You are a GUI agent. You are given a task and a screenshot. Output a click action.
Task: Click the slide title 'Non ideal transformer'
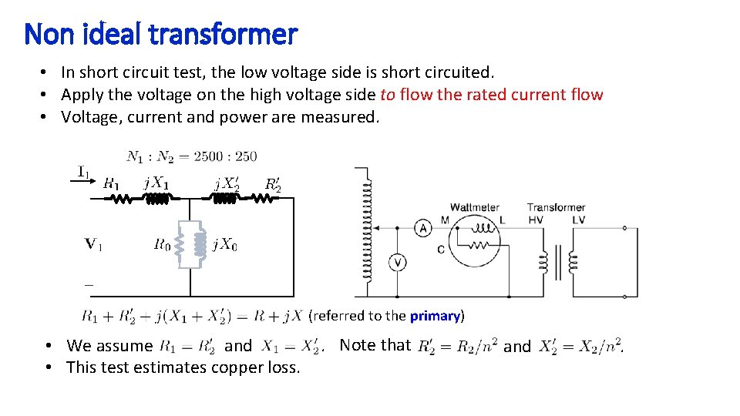point(160,34)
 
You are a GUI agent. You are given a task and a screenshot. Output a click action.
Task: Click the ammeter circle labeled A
point(422,228)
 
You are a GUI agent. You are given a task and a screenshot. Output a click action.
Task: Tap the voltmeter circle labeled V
point(398,263)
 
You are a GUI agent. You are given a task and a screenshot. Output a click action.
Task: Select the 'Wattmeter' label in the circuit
point(474,207)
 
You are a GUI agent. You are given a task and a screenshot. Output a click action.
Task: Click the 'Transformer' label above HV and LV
point(556,207)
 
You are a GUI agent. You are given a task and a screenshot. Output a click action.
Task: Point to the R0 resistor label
point(162,245)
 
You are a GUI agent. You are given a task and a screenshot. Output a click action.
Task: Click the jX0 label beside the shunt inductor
point(225,245)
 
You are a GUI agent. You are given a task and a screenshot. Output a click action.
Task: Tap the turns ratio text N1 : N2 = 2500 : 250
point(192,156)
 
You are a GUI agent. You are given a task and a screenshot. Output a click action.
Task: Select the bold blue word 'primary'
point(435,316)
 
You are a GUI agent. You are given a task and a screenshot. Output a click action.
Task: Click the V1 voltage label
point(93,244)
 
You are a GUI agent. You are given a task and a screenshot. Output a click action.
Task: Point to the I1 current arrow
point(86,173)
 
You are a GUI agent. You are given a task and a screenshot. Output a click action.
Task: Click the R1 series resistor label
point(111,183)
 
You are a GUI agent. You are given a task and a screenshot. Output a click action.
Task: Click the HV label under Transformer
point(536,220)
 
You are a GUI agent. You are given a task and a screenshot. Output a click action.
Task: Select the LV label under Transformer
point(579,220)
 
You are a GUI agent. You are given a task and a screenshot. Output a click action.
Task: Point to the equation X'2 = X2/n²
point(580,346)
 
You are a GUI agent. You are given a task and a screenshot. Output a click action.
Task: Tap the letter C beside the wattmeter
point(440,249)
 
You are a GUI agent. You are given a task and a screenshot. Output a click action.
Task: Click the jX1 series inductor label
point(155,183)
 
